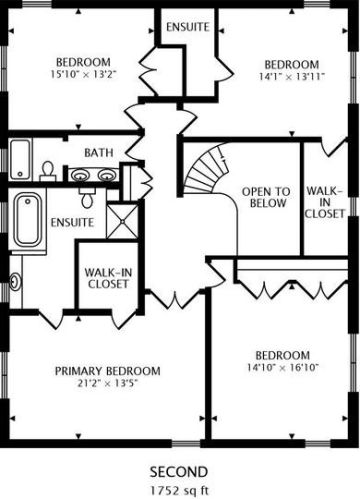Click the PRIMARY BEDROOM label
coord(107,371)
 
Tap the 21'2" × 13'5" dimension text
coord(108,383)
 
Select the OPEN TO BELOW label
coord(266,197)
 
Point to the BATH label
coord(99,153)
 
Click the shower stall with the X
coord(122,221)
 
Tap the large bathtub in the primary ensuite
coord(28,220)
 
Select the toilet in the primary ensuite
coord(87,198)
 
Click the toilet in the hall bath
coord(48,172)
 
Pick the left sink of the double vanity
coord(80,174)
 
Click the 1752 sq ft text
coord(179,490)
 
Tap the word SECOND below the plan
coord(179,472)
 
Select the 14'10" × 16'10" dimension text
coord(283,367)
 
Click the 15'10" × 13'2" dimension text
coord(83,74)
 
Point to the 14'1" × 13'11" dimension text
coord(292,76)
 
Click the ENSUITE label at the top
coord(188,27)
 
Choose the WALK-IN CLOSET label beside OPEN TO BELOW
coord(324,202)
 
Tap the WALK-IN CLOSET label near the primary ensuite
coord(108,278)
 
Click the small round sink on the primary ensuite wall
coord(15,281)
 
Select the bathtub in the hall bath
coord(20,159)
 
